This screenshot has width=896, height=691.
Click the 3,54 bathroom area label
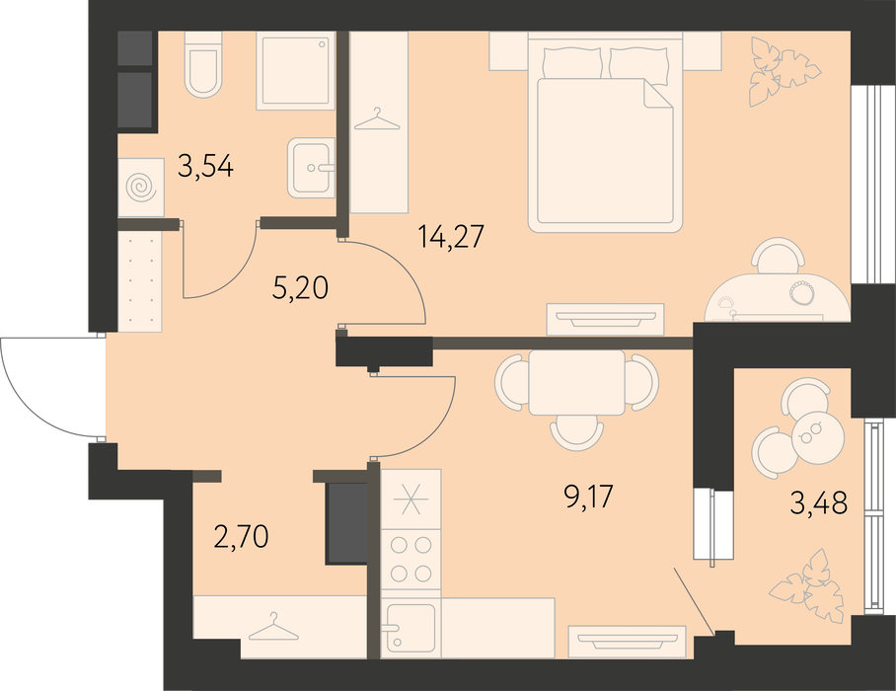tap(205, 166)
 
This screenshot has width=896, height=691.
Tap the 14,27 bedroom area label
tap(451, 236)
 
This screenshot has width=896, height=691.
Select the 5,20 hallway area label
tap(301, 288)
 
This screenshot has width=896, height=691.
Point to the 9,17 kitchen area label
tap(586, 497)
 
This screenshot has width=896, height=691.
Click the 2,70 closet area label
tap(241, 537)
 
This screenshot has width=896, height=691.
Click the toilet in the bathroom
tap(202, 63)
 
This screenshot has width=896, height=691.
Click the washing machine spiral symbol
tap(140, 187)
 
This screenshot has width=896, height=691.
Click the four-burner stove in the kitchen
tap(411, 559)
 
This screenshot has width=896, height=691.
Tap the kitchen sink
tap(411, 628)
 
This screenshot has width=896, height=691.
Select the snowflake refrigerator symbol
tap(411, 499)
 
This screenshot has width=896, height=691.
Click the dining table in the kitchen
tap(576, 382)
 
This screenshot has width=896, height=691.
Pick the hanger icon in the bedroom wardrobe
tap(377, 120)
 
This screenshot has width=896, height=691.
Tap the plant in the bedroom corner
tap(783, 71)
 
